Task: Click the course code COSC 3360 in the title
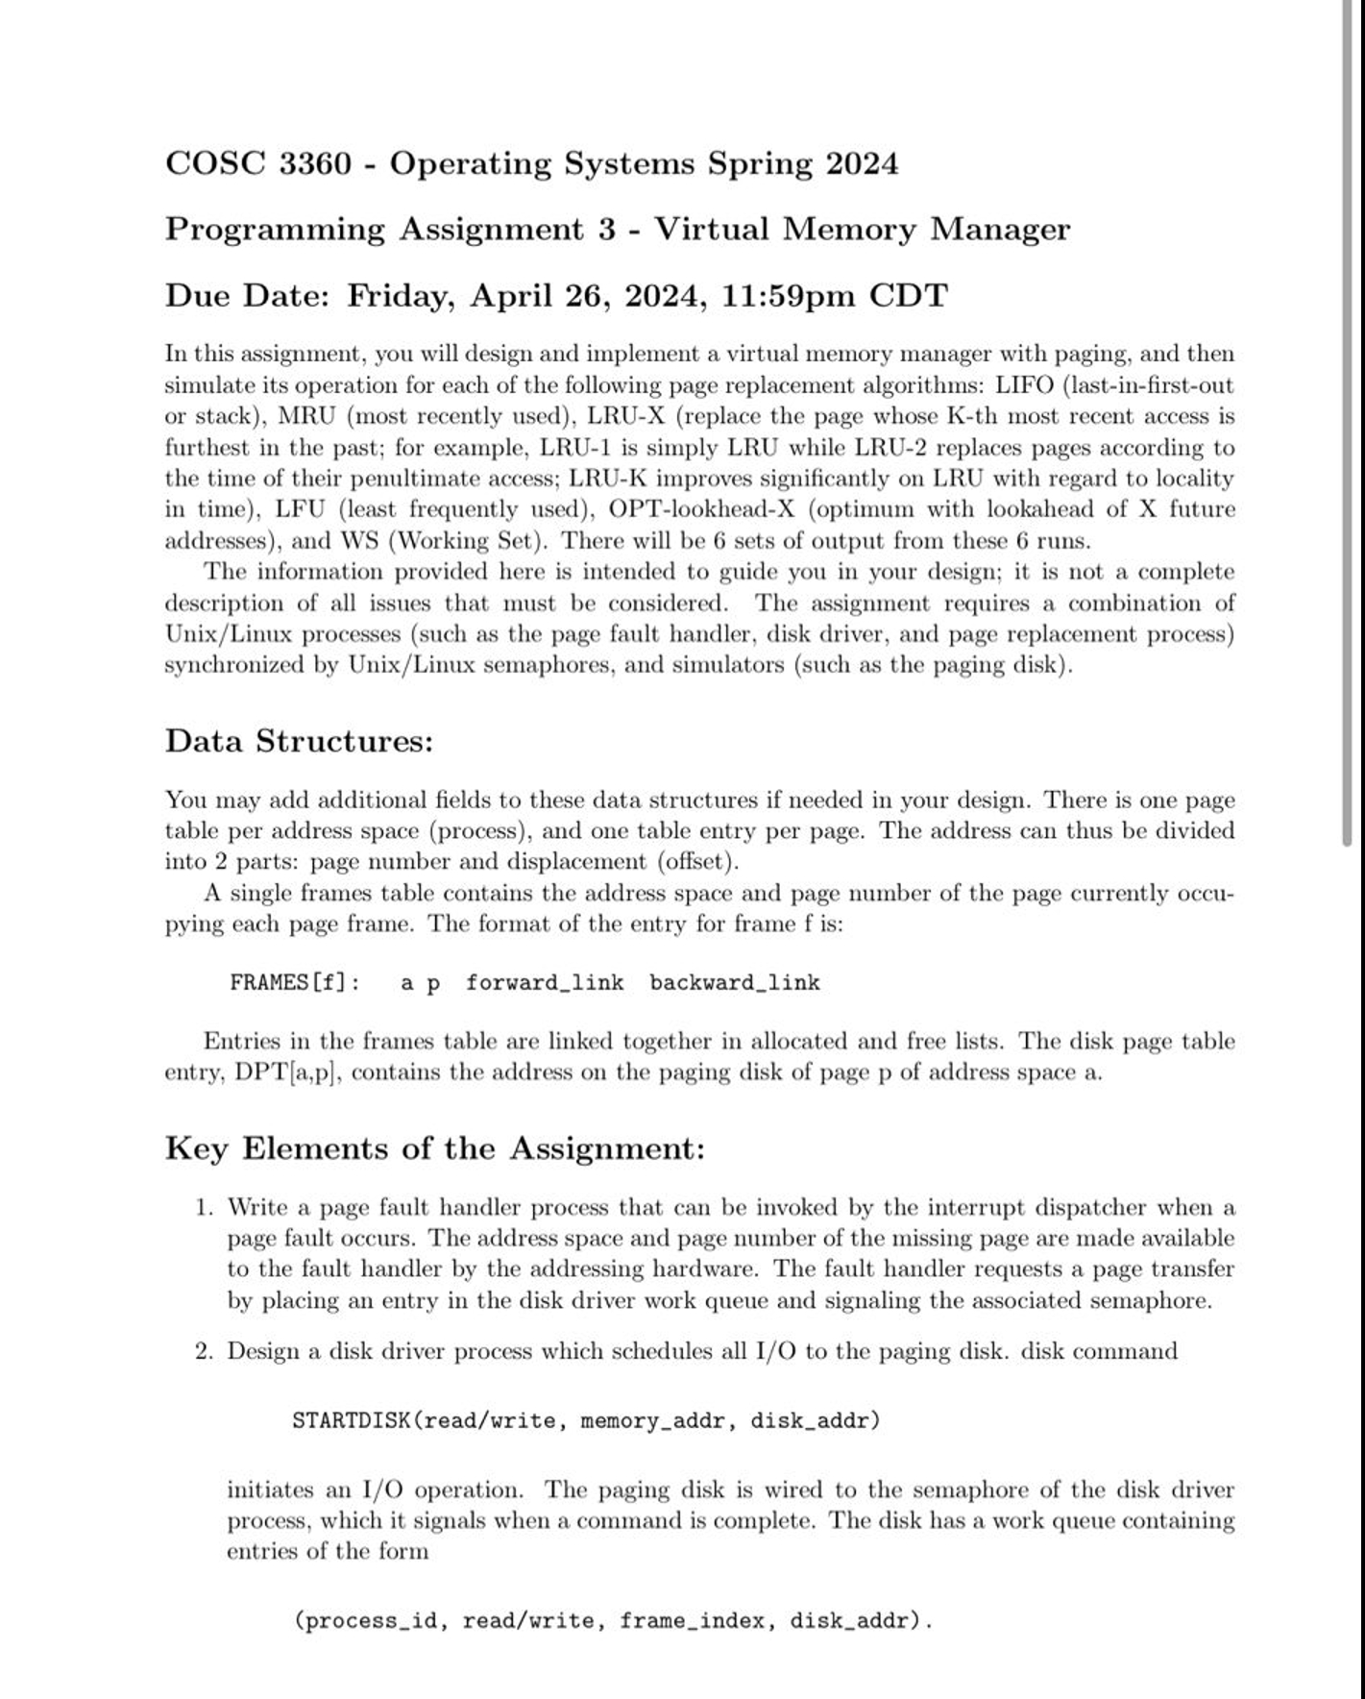click(258, 163)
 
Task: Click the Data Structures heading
click(299, 741)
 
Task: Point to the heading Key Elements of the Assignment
click(434, 1148)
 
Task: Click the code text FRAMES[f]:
click(295, 983)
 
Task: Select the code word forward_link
click(545, 983)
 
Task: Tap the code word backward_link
click(734, 983)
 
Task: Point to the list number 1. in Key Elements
click(203, 1207)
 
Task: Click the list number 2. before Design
click(203, 1351)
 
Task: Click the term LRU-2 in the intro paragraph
click(890, 448)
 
